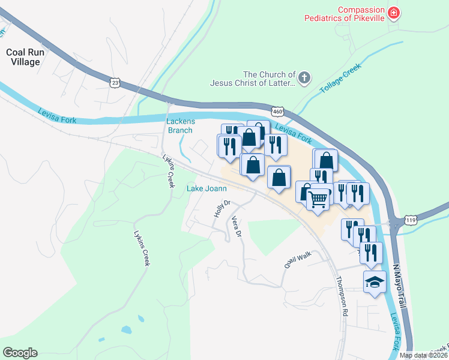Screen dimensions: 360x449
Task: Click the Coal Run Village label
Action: tap(23, 57)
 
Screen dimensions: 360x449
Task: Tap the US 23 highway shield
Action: tap(115, 81)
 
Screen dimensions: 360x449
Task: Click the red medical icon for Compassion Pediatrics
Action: tap(394, 13)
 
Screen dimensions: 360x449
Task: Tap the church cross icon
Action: tap(304, 77)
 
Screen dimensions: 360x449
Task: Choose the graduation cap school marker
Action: tap(375, 282)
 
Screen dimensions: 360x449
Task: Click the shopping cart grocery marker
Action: tap(318, 197)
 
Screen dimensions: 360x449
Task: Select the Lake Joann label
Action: tap(206, 188)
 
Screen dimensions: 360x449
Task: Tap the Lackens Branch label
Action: tap(179, 125)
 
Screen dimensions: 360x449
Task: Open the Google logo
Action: tap(20, 353)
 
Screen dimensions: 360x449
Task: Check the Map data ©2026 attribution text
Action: tap(423, 355)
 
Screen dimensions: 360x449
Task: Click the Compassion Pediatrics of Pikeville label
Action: tap(361, 14)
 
